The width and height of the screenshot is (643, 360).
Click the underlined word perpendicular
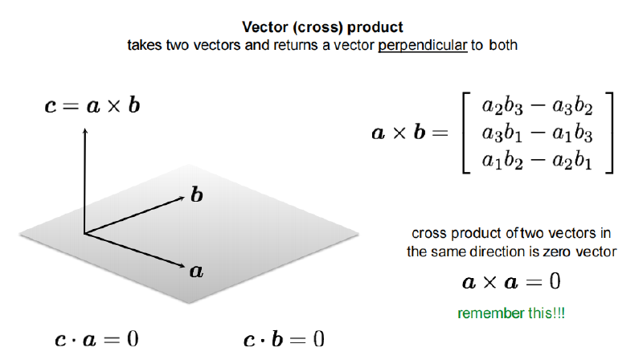pos(423,46)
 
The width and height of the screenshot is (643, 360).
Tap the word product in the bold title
pos(375,28)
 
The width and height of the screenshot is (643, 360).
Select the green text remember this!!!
pos(511,313)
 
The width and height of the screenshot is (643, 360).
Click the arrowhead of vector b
pos(182,198)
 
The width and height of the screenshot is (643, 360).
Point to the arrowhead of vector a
pos(182,266)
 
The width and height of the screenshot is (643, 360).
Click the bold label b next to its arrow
pos(197,194)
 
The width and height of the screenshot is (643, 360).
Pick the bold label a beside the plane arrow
pos(196,271)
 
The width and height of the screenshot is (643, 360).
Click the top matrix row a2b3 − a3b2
pos(537,107)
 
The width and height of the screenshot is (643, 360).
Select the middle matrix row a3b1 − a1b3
pos(537,133)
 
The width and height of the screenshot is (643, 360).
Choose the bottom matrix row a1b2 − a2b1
pos(537,161)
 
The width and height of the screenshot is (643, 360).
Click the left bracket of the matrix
pos(464,133)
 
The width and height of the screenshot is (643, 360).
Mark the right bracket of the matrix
pos(612,133)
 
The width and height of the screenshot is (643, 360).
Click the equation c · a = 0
pos(96,339)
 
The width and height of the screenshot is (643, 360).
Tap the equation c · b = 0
pos(284,339)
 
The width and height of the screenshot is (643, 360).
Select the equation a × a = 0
pos(511,282)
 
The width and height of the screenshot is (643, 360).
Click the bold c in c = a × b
pos(50,107)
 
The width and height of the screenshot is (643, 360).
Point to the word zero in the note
pos(558,252)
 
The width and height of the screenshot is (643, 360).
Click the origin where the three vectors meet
pos(84,234)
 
